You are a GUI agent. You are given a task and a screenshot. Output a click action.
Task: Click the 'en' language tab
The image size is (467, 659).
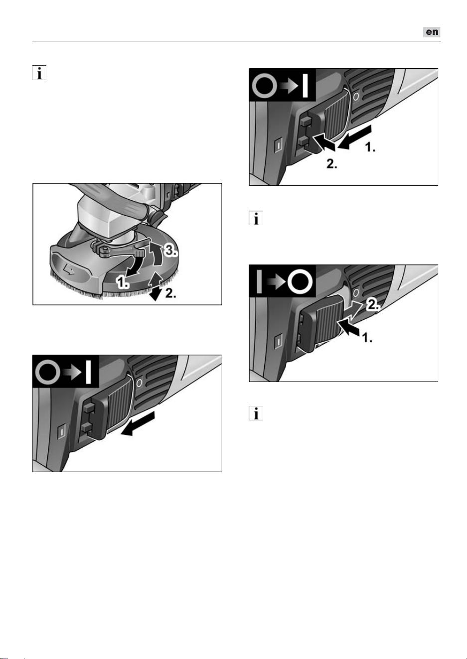click(432, 32)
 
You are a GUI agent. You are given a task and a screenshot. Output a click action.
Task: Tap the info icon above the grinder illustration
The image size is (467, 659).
click(39, 73)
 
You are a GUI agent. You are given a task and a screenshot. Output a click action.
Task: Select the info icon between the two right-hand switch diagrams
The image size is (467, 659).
click(256, 218)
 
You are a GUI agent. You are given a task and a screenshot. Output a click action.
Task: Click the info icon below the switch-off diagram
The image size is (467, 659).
click(256, 413)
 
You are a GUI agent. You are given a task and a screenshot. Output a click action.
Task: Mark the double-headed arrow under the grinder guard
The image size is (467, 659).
click(155, 286)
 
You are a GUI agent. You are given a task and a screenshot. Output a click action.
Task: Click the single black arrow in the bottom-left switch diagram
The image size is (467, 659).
click(138, 424)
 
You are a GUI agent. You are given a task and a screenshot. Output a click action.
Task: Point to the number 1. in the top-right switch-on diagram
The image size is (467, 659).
click(370, 147)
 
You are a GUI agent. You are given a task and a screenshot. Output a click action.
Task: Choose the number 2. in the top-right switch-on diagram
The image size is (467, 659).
click(332, 163)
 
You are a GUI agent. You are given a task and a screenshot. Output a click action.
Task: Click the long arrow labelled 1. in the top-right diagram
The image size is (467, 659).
click(354, 137)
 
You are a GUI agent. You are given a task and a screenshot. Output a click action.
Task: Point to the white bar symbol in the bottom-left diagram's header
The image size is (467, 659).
click(88, 373)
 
